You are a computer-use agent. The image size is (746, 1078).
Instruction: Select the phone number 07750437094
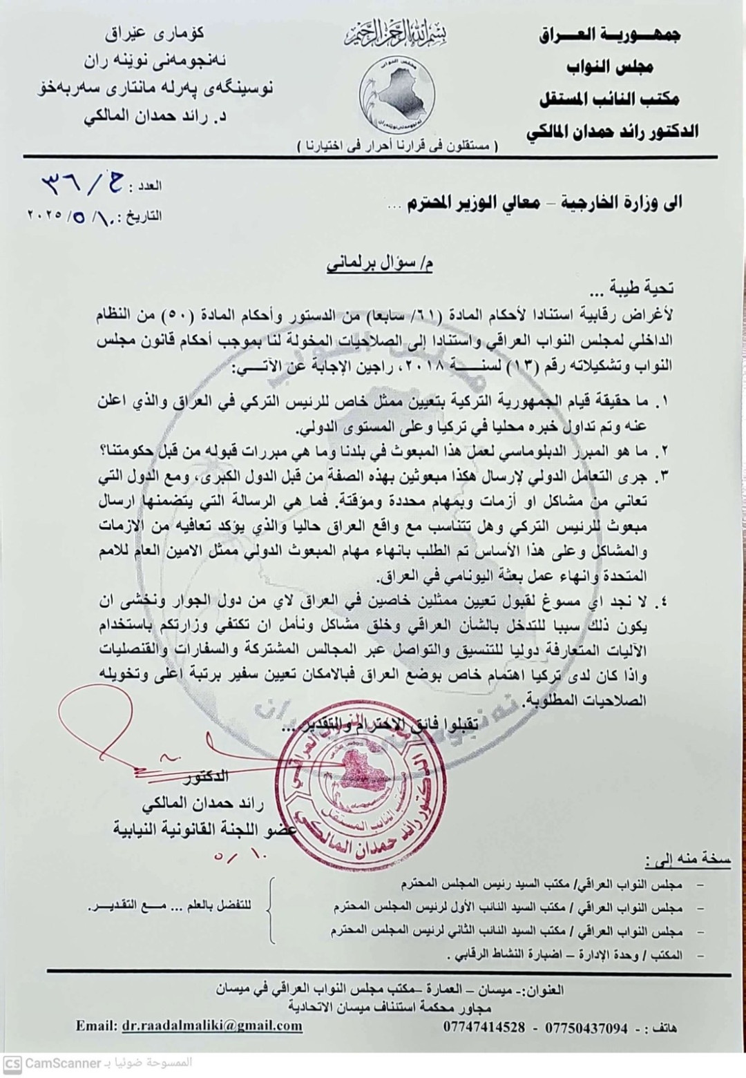click(x=586, y=1027)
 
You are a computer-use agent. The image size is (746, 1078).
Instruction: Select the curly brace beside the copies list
click(x=272, y=909)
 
